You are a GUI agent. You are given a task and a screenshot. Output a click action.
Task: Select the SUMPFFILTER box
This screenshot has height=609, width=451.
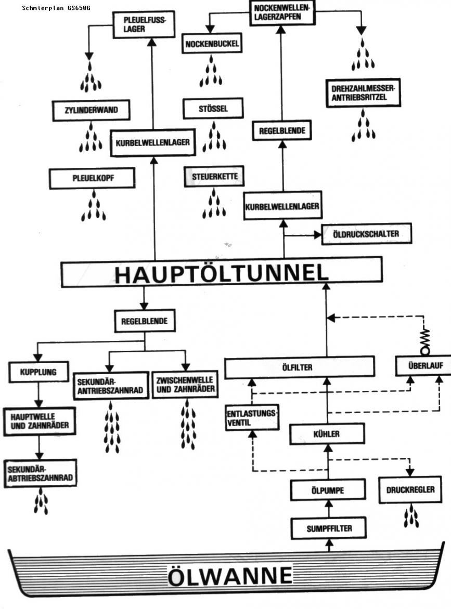329,528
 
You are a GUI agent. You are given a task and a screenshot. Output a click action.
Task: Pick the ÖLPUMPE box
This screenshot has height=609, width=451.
328,490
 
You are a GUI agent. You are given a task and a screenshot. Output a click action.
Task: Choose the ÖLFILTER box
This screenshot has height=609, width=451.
299,367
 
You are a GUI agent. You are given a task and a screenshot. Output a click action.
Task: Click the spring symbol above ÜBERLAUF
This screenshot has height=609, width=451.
425,340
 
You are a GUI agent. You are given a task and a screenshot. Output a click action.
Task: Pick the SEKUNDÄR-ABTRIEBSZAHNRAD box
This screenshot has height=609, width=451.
40,473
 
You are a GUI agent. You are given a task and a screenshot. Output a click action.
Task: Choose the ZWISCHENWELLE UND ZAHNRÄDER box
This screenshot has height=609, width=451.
185,385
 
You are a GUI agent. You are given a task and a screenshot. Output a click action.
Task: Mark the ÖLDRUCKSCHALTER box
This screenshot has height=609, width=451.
366,234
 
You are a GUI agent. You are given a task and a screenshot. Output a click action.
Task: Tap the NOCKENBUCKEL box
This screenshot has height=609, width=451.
212,44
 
